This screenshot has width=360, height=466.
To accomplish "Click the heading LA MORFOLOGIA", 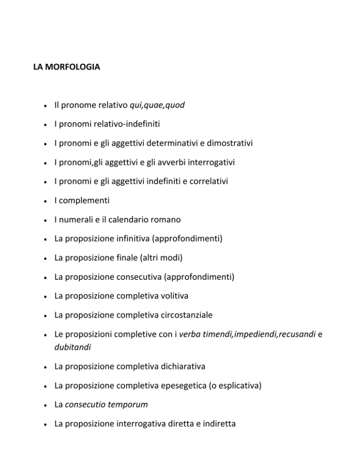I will [x=66, y=68].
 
